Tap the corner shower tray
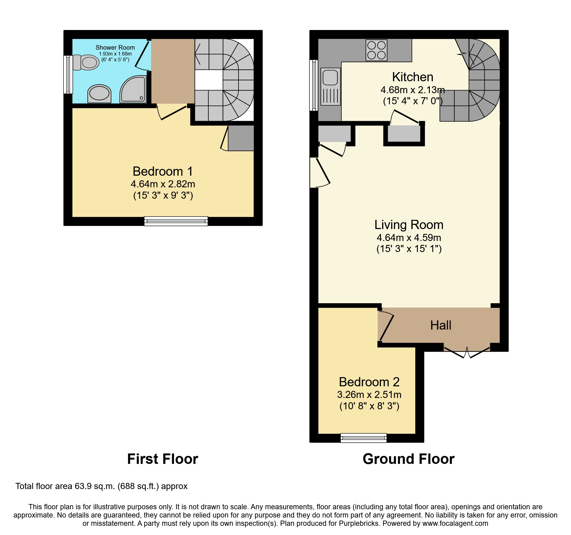click(x=133, y=90)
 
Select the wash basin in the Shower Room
click(x=99, y=94)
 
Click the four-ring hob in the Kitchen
click(x=376, y=50)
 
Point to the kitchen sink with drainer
click(x=331, y=86)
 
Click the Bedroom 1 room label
click(x=163, y=171)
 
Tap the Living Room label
click(x=409, y=225)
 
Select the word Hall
click(x=441, y=325)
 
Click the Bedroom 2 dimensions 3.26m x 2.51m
click(x=369, y=395)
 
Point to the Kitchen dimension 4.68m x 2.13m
click(x=412, y=90)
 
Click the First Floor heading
click(x=162, y=459)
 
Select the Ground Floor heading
click(x=408, y=459)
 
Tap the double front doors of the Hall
click(x=467, y=352)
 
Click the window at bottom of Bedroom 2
click(x=363, y=438)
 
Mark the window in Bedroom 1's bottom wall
click(x=176, y=221)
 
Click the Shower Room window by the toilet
click(x=68, y=74)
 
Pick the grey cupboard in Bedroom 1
click(x=241, y=138)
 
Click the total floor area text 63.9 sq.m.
click(x=101, y=486)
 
